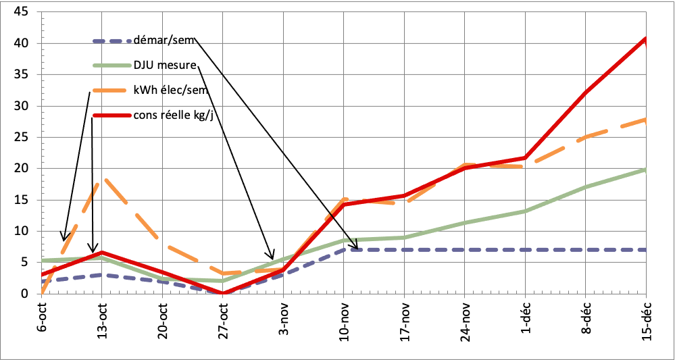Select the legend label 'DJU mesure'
coord(165,66)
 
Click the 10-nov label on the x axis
coord(344,319)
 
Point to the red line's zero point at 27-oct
coord(223,293)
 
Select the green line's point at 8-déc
coord(586,187)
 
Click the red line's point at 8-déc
coord(586,93)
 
